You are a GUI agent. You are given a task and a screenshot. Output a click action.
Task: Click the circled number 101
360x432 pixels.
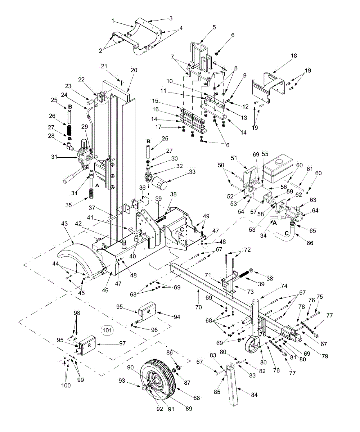107,329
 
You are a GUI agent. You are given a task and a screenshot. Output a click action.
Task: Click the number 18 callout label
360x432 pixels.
294,56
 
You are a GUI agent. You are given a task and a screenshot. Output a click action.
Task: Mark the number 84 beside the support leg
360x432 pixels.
254,395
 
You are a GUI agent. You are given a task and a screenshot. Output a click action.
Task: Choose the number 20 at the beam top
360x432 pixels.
134,71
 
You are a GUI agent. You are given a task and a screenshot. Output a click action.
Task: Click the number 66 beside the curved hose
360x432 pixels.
310,243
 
